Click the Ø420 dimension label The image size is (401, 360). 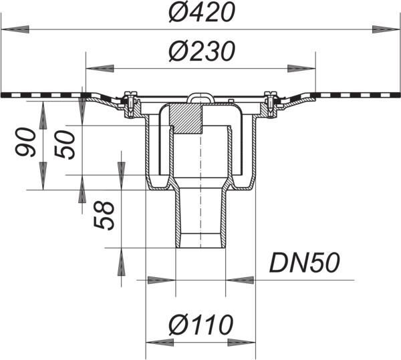[x=202, y=13]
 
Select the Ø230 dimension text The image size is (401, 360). [x=202, y=51]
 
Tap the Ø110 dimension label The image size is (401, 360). [x=201, y=325]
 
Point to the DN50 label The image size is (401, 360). [x=304, y=263]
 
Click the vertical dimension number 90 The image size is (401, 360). [x=25, y=142]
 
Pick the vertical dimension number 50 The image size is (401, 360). [x=65, y=145]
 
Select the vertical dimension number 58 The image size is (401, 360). [x=104, y=215]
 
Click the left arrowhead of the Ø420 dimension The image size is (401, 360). [x=15, y=29]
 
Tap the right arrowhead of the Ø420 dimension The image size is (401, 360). [x=386, y=29]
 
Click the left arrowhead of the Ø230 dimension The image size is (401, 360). [x=100, y=69]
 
